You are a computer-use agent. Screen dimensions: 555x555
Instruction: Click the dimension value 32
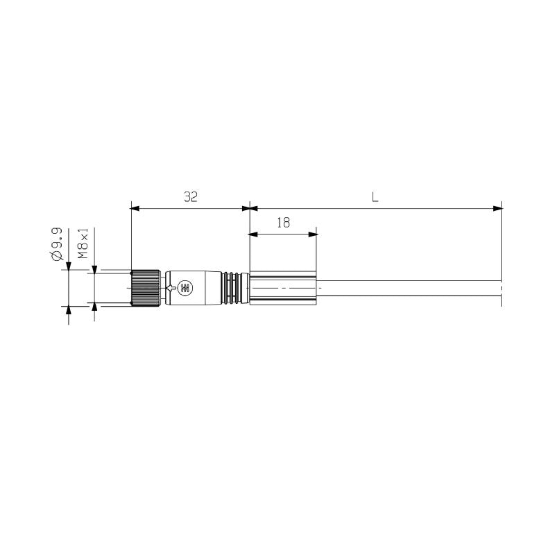point(191,197)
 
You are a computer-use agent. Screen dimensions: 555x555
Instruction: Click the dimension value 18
point(283,223)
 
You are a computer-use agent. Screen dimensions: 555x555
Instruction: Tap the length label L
point(375,197)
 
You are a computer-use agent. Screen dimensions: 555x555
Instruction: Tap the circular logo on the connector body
point(185,287)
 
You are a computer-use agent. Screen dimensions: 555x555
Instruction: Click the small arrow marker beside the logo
point(171,287)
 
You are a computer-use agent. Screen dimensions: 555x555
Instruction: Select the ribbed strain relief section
point(234,287)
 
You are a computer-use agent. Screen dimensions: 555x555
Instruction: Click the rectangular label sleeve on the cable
point(283,287)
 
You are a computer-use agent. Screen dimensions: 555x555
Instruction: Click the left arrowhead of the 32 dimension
point(135,207)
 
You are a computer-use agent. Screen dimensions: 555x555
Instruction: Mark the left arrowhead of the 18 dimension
point(255,234)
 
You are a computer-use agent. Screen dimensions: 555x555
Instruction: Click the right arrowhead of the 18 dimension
point(312,234)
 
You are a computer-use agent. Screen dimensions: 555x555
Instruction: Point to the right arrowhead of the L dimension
point(497,207)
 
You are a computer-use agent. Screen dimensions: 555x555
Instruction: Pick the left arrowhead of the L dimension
point(255,207)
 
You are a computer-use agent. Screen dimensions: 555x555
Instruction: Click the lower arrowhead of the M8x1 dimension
point(94,307)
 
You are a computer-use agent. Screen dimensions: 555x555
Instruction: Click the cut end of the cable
point(500,292)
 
